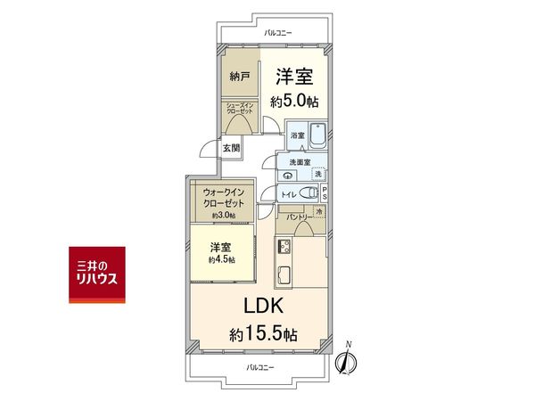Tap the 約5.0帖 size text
293,102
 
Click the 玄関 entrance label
230,148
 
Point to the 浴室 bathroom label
296,135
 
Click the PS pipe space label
325,192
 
